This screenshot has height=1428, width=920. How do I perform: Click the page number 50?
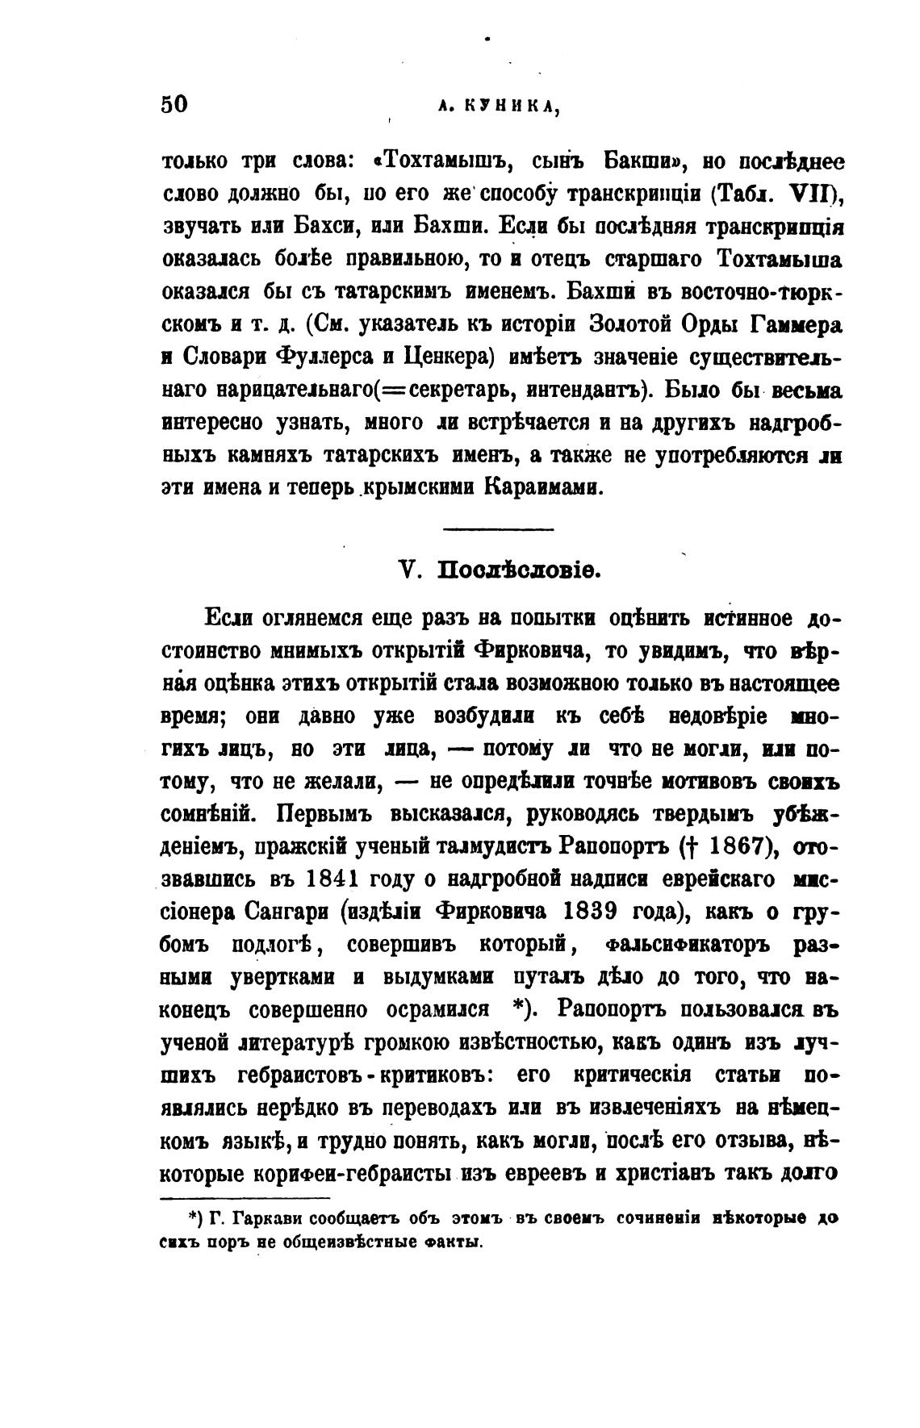[x=174, y=105]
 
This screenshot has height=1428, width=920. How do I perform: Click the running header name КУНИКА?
[x=512, y=106]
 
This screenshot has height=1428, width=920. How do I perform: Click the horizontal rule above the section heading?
[x=500, y=529]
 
